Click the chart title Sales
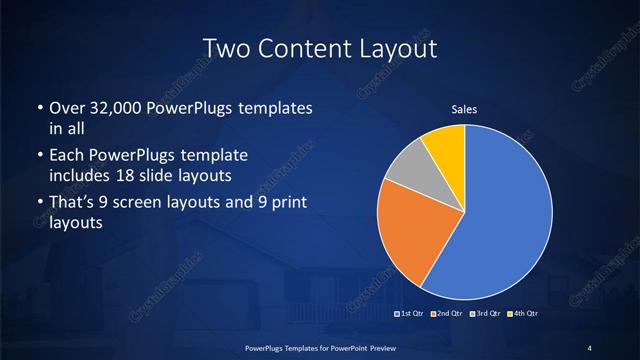[464, 108]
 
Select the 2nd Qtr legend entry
[446, 313]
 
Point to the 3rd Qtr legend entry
[485, 313]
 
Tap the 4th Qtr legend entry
[523, 313]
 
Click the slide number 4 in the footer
[590, 347]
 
